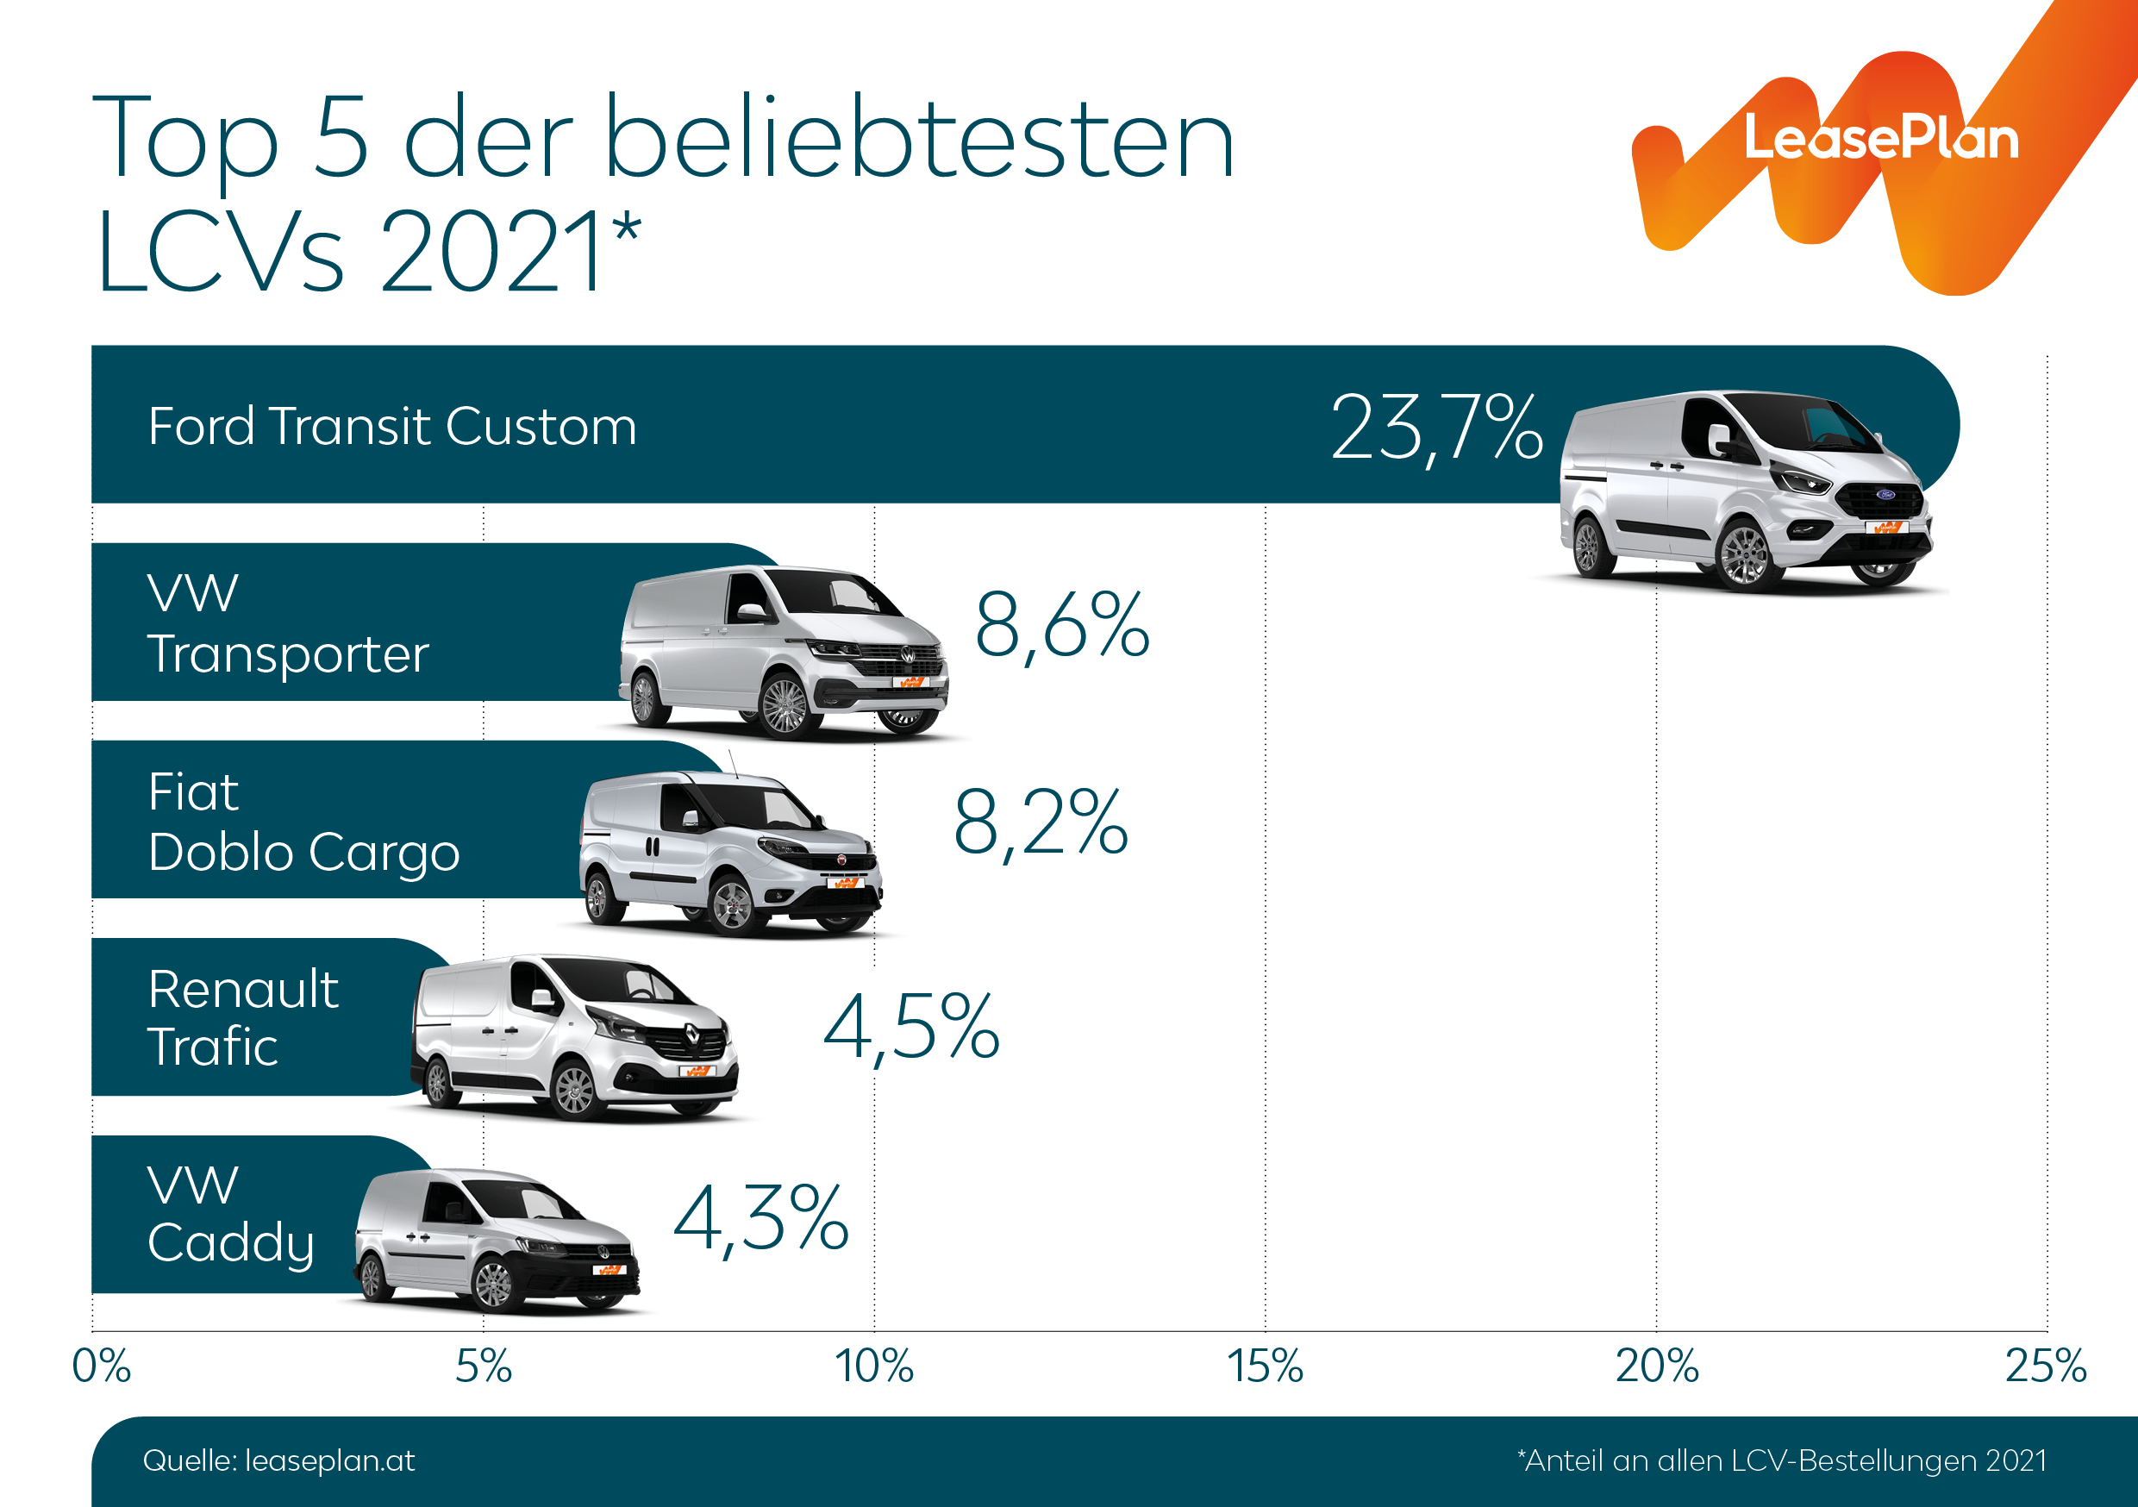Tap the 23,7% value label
pyautogui.click(x=1437, y=428)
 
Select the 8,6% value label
pyautogui.click(x=1062, y=626)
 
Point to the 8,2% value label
pyautogui.click(x=1041, y=822)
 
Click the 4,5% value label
pyautogui.click(x=911, y=1028)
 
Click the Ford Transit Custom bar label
pyautogui.click(x=392, y=428)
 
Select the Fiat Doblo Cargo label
pyautogui.click(x=303, y=822)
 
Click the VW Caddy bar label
pyautogui.click(x=231, y=1215)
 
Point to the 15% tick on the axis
pyautogui.click(x=1265, y=1366)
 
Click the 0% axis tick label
pyautogui.click(x=101, y=1366)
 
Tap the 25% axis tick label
pyautogui.click(x=2045, y=1366)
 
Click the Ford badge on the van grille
pyautogui.click(x=1885, y=495)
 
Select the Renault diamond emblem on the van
pyautogui.click(x=693, y=1033)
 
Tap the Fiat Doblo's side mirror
pyautogui.click(x=691, y=819)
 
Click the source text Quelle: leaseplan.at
pyautogui.click(x=278, y=1460)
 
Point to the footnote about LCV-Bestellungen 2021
pyautogui.click(x=1781, y=1460)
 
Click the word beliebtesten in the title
pyautogui.click(x=919, y=140)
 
